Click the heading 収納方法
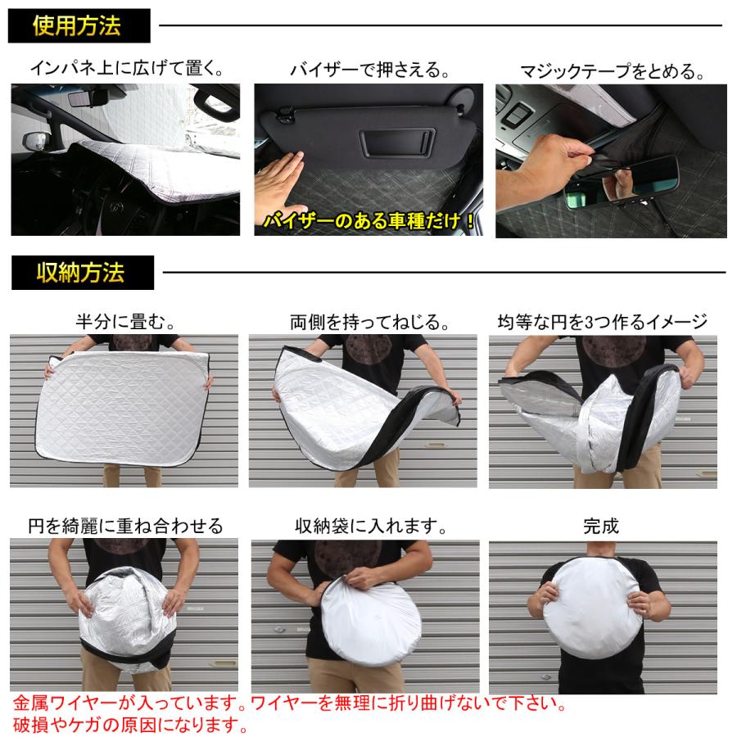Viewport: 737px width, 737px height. [x=80, y=273]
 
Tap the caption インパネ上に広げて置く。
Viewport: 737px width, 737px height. [x=126, y=69]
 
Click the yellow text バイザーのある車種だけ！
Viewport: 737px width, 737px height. [x=370, y=220]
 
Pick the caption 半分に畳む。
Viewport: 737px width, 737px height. [x=124, y=321]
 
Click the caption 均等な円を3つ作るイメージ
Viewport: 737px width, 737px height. [x=603, y=321]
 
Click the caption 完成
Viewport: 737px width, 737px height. [x=602, y=525]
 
